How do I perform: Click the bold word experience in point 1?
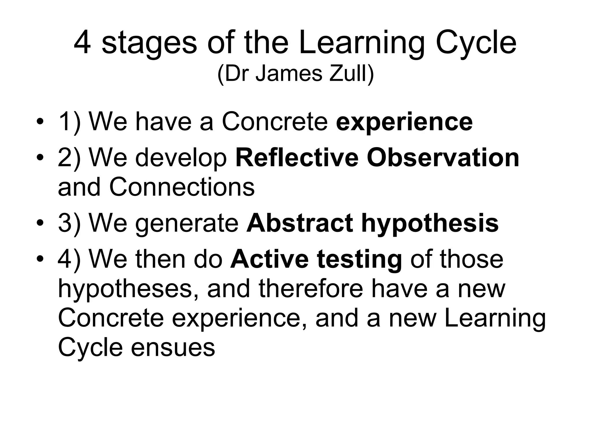pos(404,122)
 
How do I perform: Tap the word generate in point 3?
pos(187,224)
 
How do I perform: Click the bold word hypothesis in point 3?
pos(430,224)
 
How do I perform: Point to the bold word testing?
pos(359,260)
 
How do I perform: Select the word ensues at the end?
pos(173,347)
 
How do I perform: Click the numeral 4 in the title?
pos(82,43)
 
